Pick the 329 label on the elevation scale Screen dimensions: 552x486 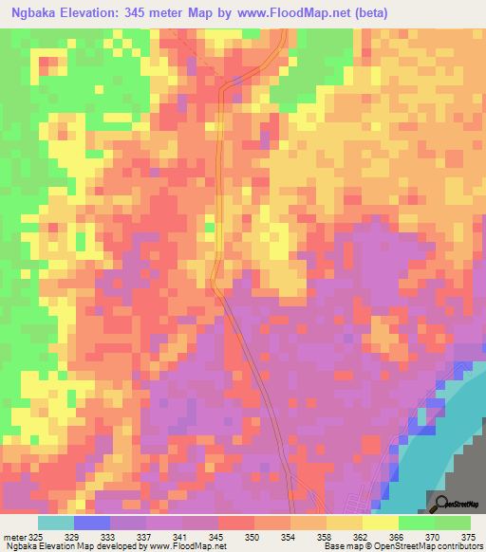coord(85,536)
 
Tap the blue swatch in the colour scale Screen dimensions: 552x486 coord(91,523)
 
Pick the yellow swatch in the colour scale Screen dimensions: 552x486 coord(381,523)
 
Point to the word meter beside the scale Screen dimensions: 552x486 coord(16,536)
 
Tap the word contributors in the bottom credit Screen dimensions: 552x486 coord(458,547)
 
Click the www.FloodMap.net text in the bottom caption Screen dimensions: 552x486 coord(187,547)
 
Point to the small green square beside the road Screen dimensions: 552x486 coord(210,227)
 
